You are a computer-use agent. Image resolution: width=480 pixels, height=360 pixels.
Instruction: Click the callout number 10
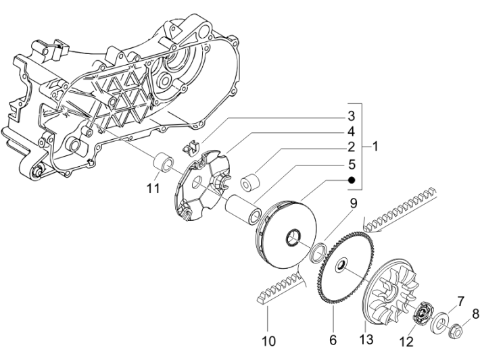pyautogui.click(x=268, y=341)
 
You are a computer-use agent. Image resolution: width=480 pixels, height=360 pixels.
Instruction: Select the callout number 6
pyautogui.click(x=333, y=341)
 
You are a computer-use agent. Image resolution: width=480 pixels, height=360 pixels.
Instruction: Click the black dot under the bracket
pyautogui.click(x=352, y=180)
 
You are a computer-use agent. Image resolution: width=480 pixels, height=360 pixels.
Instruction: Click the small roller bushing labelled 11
pyautogui.click(x=163, y=164)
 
